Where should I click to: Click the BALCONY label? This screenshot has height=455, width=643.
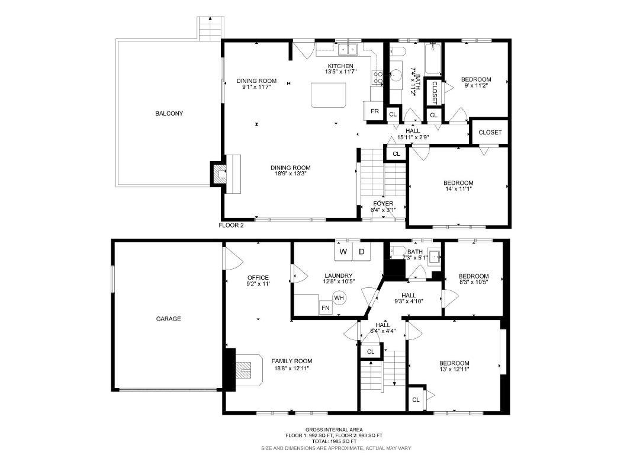pos(169,113)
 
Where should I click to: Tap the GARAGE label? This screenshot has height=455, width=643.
pos(168,319)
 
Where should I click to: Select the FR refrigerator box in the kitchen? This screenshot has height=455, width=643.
pos(374,111)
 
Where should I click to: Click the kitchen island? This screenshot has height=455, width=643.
pos(329,95)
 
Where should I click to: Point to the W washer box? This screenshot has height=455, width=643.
pos(343,252)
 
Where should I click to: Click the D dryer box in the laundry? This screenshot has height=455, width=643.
pos(361,252)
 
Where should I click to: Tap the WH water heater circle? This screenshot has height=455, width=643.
pos(339,297)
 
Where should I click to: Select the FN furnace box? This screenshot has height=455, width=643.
pos(325,308)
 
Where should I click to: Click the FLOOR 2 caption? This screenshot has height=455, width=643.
pos(231,225)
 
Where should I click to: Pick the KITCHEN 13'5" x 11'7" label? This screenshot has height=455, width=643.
pos(339,69)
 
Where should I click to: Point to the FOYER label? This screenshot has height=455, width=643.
pos(382,206)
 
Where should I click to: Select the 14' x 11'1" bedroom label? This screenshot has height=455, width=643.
pos(458,186)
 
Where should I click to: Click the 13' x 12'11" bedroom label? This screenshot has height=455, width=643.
pos(454,367)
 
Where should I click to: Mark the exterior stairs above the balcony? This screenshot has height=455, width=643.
pos(211,28)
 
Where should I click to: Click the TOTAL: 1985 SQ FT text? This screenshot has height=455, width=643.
pos(335,441)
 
